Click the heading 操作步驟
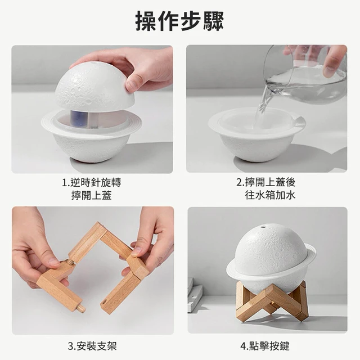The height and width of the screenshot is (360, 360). coord(179,21)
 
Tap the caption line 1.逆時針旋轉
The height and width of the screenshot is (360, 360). coord(91,183)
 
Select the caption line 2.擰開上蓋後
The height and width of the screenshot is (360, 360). coord(266,182)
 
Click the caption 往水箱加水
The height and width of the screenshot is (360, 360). coord(270,195)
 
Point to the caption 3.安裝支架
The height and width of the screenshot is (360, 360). coord(92,346)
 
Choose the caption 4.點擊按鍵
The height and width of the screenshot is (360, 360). coord(265,346)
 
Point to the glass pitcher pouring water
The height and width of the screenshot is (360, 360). coord(305,74)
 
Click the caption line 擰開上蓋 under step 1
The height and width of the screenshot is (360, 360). coord(91,196)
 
